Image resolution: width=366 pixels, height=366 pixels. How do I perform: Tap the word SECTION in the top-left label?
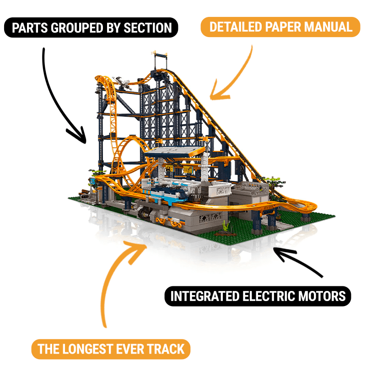tap(148, 28)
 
